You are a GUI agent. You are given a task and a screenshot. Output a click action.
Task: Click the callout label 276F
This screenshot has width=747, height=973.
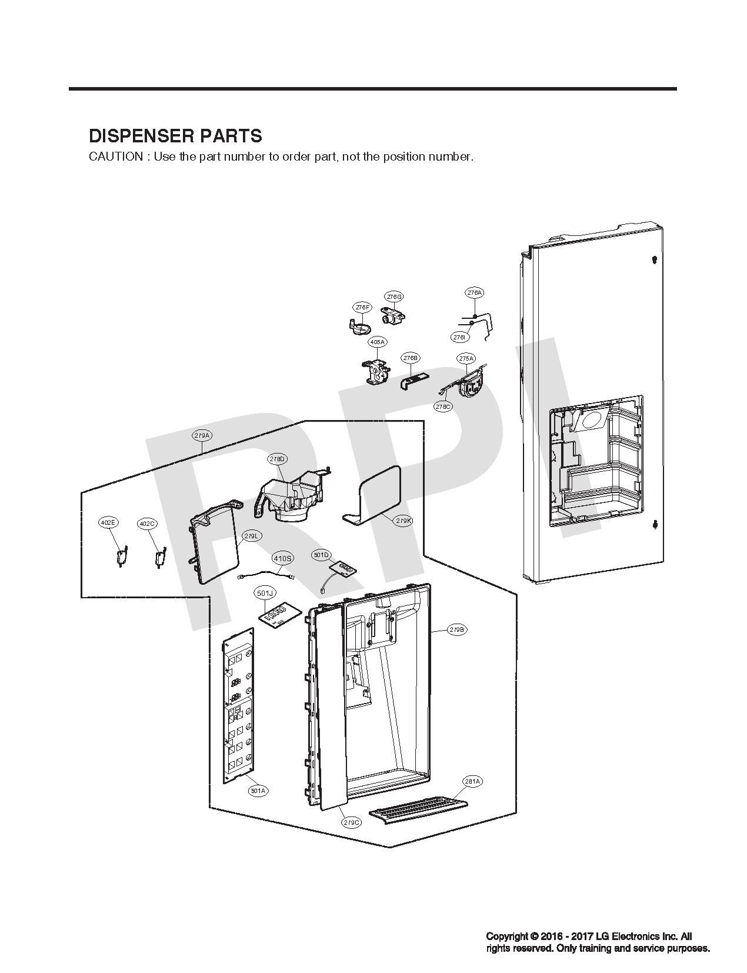coord(363,307)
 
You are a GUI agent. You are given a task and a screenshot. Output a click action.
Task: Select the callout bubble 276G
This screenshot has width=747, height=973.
coord(395,296)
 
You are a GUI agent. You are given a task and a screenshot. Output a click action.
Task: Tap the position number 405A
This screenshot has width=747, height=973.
coord(377,342)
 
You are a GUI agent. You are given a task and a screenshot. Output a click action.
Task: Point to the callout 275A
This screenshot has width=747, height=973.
coord(466,358)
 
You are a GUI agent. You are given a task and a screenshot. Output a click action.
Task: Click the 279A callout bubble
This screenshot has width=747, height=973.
coord(202,436)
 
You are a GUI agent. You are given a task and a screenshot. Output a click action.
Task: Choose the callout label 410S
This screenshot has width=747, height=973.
coord(283,558)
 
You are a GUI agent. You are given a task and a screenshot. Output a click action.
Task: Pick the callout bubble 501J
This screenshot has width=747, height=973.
coord(265,594)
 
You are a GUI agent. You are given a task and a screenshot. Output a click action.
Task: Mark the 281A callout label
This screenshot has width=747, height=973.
coord(472,782)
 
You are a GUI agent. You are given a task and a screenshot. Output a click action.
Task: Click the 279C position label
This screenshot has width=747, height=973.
coord(351,822)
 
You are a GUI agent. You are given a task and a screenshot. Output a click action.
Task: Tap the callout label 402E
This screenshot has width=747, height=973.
coord(108,522)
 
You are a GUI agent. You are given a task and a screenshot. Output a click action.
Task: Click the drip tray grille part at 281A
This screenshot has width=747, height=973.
coord(418,810)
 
